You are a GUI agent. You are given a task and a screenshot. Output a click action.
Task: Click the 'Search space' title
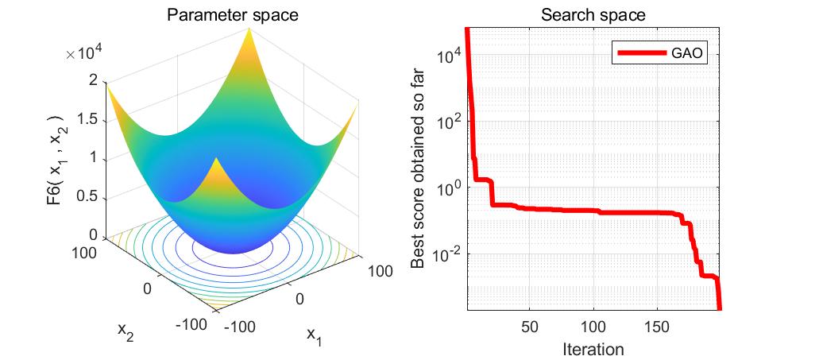593,15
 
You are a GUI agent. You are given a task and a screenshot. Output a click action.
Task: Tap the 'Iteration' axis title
593,348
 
